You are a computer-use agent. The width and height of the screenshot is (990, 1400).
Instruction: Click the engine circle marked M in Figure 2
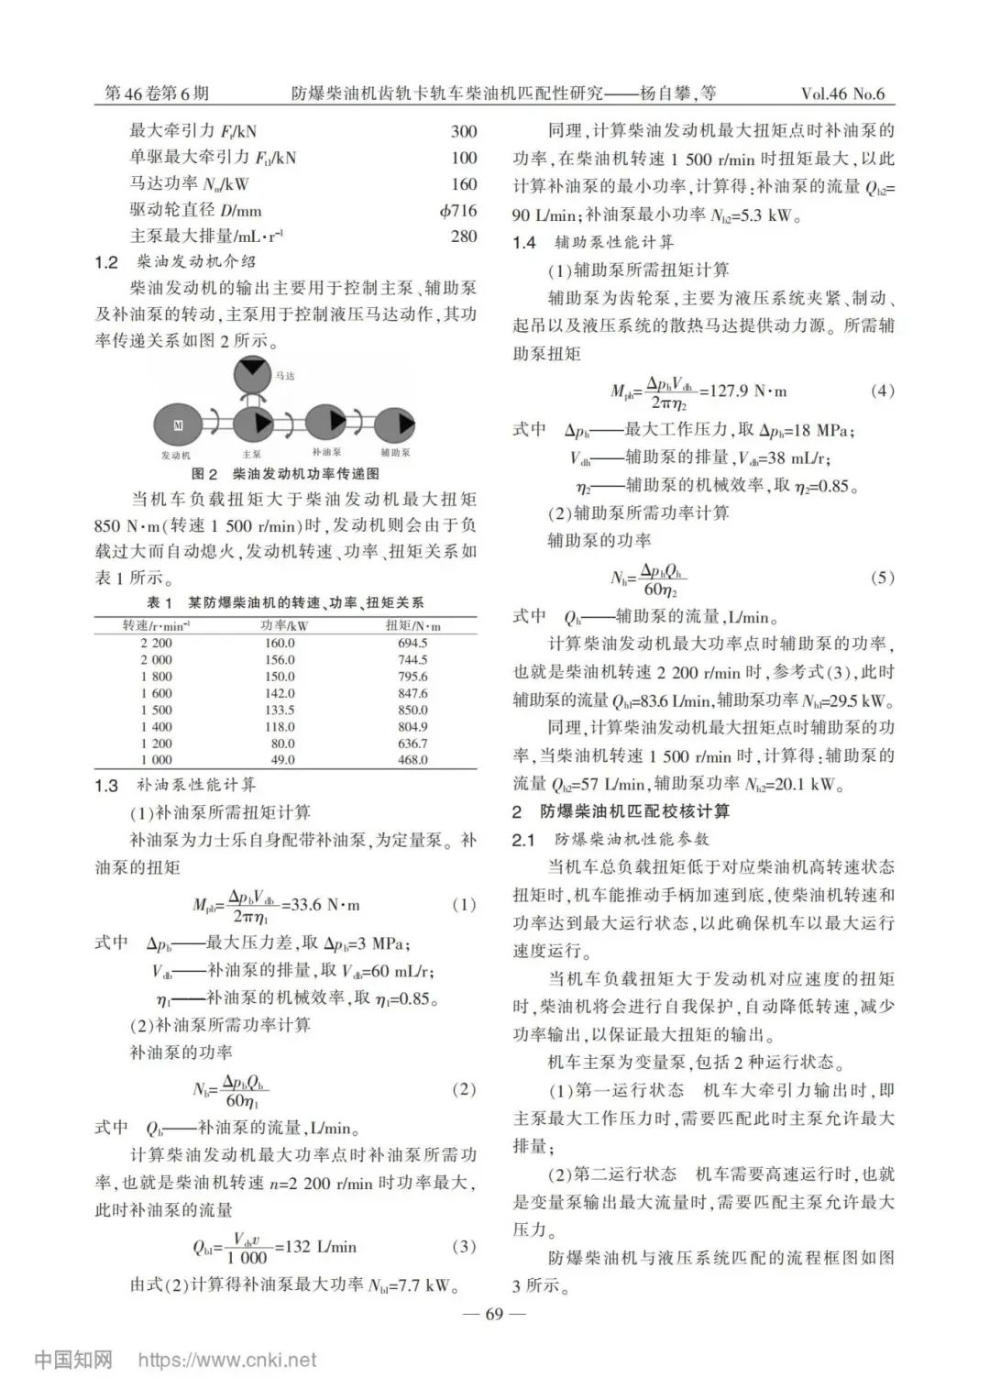179,424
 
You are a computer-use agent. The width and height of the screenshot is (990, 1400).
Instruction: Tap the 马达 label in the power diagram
285,376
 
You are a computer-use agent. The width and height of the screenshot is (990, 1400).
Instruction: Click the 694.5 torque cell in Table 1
412,643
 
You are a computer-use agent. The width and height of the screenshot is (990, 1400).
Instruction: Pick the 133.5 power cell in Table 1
280,710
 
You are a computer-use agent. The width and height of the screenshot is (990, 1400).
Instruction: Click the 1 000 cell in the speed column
156,759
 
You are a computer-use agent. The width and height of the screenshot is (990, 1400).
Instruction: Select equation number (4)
881,391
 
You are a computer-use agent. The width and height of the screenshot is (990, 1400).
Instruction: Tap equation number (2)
464,1089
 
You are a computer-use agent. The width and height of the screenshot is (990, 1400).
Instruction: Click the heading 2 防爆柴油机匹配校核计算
621,811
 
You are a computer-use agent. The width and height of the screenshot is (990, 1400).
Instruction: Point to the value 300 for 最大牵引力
464,131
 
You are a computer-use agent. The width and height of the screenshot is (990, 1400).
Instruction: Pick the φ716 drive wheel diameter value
458,210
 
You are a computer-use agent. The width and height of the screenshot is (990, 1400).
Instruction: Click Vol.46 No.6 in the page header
842,94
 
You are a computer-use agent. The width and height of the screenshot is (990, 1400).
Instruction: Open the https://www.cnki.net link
227,1361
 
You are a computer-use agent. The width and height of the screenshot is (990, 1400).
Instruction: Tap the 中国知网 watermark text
73,1360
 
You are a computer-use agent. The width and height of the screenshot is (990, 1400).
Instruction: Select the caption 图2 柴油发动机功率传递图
285,474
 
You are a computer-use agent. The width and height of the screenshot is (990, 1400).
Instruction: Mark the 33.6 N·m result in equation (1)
325,905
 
